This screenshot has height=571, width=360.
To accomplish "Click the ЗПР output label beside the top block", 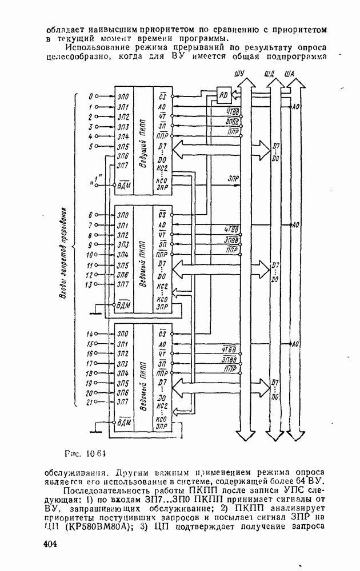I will pyautogui.click(x=233, y=178).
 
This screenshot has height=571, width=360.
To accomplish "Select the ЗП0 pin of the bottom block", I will pyautogui.click(x=122, y=334).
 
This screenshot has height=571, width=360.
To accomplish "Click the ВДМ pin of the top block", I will pyautogui.click(x=123, y=186).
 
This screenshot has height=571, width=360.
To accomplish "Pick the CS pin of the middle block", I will pyautogui.click(x=162, y=215).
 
